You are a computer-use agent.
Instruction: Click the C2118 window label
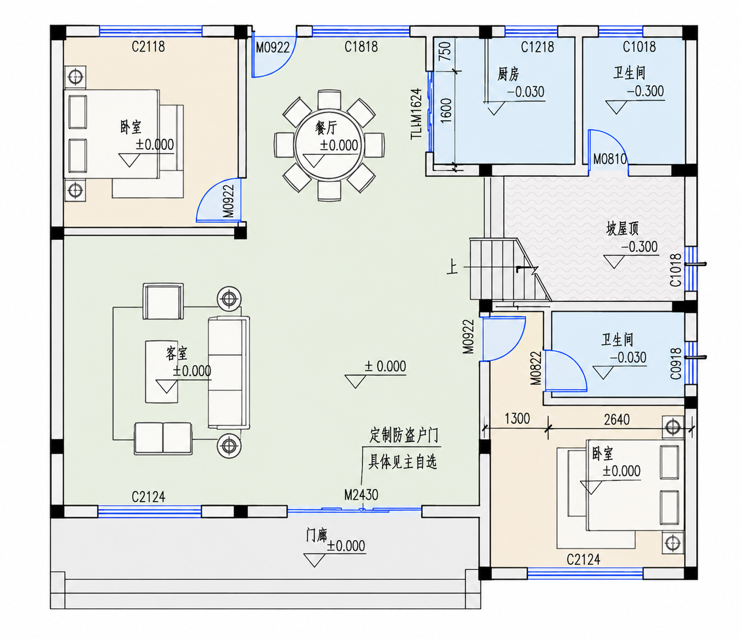click(148, 46)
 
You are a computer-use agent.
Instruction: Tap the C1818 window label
click(361, 46)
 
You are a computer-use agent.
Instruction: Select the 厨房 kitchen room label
click(508, 74)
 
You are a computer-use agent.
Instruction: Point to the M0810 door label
click(610, 159)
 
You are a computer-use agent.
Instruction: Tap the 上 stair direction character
click(452, 268)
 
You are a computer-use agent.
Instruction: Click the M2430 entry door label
click(361, 495)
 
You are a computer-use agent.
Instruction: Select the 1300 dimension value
click(517, 418)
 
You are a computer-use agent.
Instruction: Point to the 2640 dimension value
click(616, 419)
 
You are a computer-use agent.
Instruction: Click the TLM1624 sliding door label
click(416, 114)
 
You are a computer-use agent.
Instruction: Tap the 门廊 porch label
click(316, 535)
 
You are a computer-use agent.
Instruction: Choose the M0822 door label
click(536, 368)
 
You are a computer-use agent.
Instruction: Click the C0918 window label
click(676, 363)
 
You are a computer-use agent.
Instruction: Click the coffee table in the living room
click(162, 372)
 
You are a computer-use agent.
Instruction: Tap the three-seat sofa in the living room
click(229, 372)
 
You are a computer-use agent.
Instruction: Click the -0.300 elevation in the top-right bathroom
click(645, 91)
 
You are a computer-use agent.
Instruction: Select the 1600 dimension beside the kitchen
click(445, 111)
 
